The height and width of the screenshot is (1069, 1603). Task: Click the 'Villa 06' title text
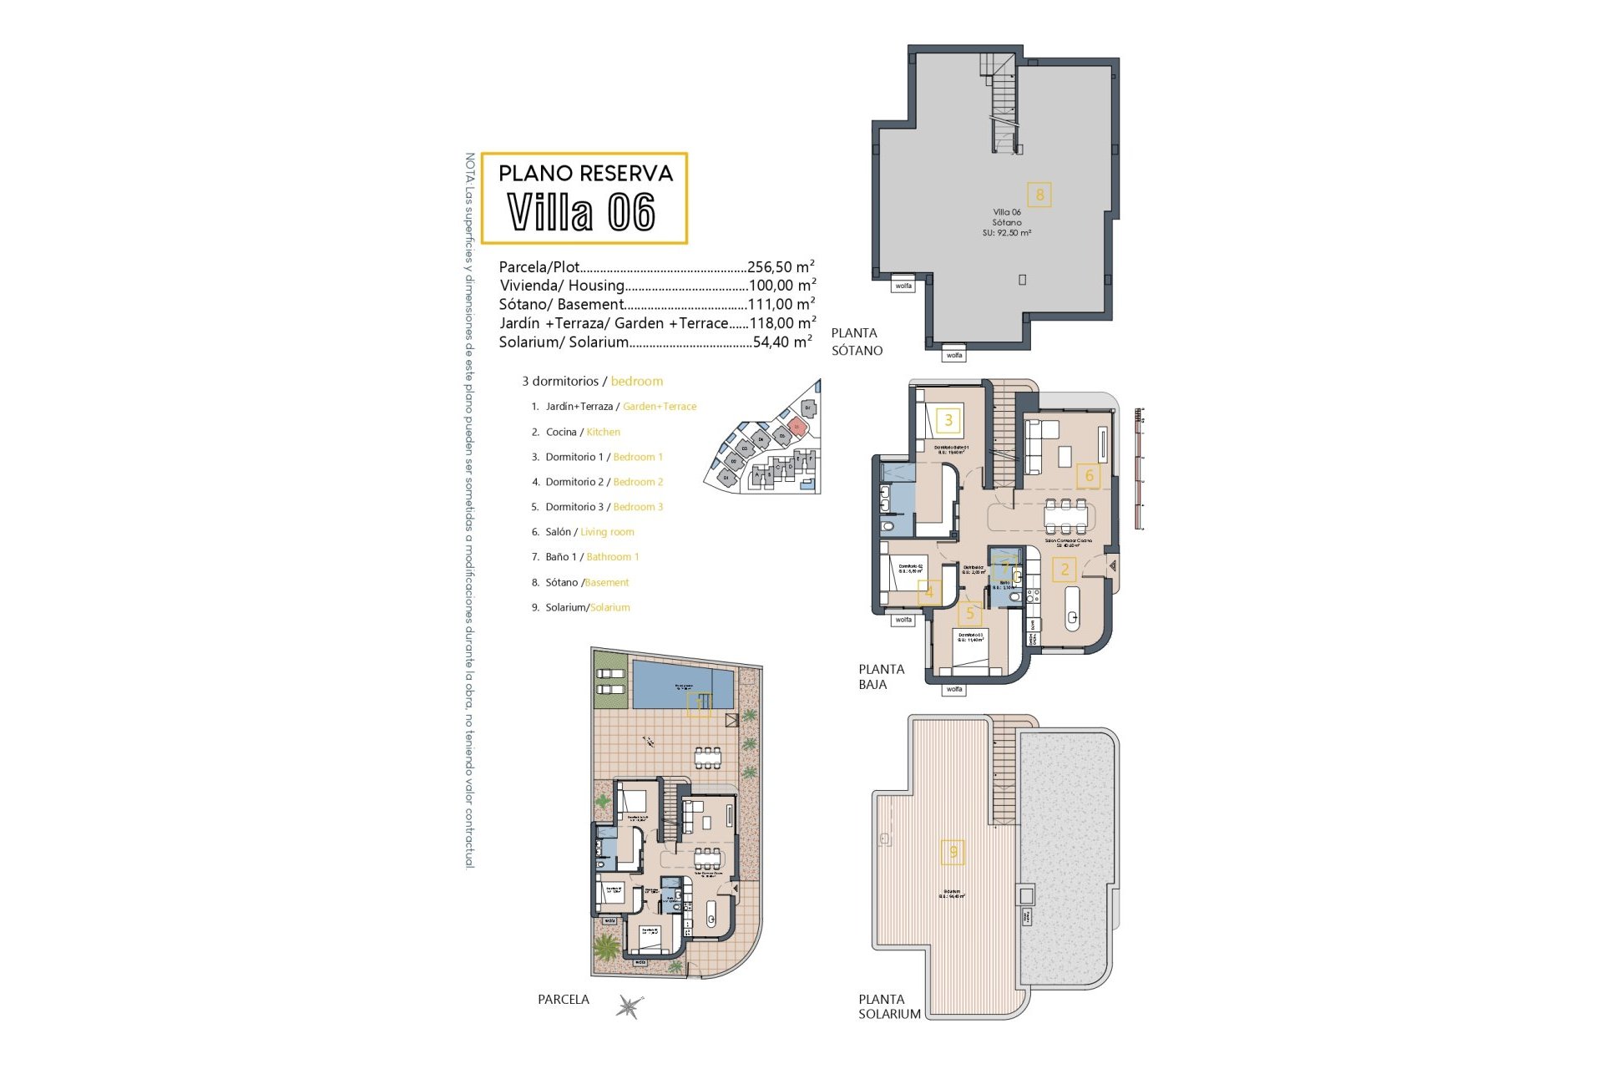[x=582, y=212]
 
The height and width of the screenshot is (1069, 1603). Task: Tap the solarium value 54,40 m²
[x=782, y=342]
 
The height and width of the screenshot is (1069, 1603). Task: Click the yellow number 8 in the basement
[x=1039, y=195]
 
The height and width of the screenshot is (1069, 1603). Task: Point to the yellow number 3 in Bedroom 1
[x=948, y=420]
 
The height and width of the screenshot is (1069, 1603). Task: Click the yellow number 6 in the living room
[x=1089, y=476]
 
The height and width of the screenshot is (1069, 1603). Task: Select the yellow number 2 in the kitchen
[x=1064, y=570]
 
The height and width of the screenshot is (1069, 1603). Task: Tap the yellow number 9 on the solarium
[x=953, y=852]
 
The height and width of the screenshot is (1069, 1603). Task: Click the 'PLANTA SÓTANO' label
[x=856, y=342]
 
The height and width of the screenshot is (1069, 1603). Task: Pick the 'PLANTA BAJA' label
[x=881, y=676]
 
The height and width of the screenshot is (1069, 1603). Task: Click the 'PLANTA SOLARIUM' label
[x=889, y=1006]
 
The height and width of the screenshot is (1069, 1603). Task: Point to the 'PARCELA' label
[x=564, y=1000]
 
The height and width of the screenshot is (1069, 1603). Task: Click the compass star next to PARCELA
[x=630, y=1006]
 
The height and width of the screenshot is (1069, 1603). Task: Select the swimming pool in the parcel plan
[x=682, y=685]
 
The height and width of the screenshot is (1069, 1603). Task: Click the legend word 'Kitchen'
[x=603, y=432]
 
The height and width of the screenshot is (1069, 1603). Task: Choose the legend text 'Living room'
[x=607, y=532]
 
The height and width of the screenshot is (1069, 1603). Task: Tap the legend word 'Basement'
[x=607, y=583]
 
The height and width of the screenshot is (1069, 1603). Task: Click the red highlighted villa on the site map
[x=796, y=427]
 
